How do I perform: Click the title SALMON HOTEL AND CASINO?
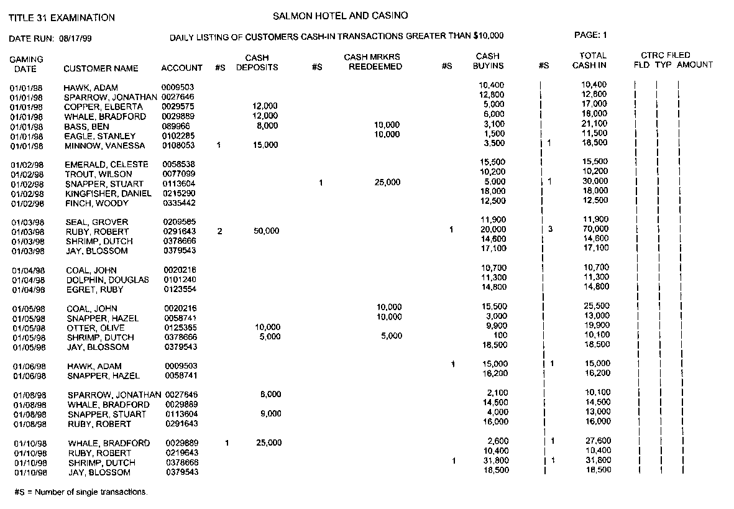(x=340, y=16)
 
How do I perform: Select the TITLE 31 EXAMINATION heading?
(x=62, y=18)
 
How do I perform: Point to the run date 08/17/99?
(x=75, y=39)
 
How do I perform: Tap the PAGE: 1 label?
(x=590, y=35)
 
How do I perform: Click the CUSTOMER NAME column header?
(x=101, y=68)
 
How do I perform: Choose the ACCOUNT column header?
(x=181, y=68)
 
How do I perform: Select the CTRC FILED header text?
(x=665, y=55)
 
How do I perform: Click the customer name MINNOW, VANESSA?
(x=104, y=146)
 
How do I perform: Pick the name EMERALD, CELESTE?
(x=107, y=165)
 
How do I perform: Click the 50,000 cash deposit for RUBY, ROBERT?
(x=267, y=231)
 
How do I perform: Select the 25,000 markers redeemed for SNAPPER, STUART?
(x=388, y=183)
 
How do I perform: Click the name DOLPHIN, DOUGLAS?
(x=108, y=280)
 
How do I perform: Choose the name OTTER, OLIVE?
(x=96, y=328)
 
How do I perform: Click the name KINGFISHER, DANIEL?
(x=109, y=193)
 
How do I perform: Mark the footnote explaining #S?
(x=81, y=492)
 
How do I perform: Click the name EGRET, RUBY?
(x=94, y=290)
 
